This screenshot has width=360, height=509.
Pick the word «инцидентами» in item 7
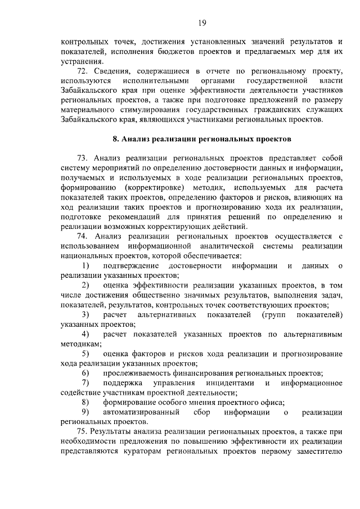[x=231, y=383]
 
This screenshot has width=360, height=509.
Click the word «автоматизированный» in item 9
[x=137, y=412]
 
